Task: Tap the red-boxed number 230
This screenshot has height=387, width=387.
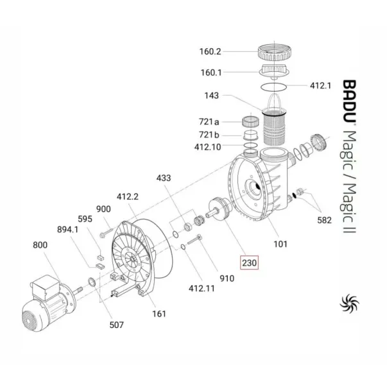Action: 248,262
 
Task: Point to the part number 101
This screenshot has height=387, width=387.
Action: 280,243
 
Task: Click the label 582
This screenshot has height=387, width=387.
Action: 325,220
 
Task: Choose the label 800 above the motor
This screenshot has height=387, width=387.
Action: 40,244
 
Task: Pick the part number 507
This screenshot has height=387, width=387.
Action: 116,325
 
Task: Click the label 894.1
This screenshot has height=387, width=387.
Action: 67,229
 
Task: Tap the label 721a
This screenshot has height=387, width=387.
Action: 208,121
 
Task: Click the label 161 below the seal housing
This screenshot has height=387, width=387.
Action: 159,313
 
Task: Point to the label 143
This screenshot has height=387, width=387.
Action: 211,96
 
